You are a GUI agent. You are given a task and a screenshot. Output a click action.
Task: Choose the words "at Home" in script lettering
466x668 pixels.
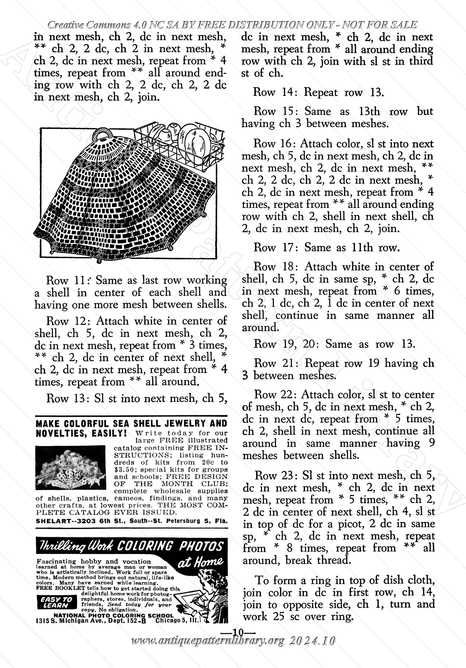(x=200, y=562)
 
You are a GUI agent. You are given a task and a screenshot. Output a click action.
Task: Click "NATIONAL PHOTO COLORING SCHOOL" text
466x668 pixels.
(x=114, y=616)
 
